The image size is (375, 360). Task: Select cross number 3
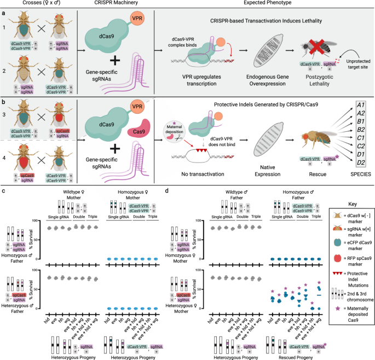click(5, 119)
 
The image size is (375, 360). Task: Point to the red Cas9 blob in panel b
click(134, 131)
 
